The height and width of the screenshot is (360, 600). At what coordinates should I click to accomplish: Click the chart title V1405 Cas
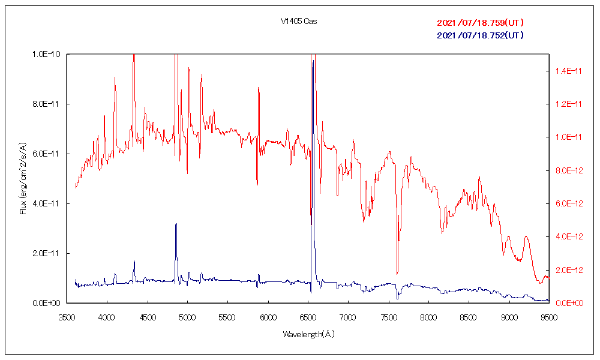pos(299,22)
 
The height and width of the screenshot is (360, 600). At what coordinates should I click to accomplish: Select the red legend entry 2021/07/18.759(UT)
pos(481,23)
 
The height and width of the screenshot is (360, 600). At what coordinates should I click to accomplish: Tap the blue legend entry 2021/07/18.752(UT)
pos(481,35)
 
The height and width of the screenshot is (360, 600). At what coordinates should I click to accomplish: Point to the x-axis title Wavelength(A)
pos(308,334)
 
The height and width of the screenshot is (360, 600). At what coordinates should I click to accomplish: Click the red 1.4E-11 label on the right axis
pos(566,71)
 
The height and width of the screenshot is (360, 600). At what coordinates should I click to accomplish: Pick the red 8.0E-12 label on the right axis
pos(566,170)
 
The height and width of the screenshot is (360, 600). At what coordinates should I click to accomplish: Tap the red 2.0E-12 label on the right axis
pos(566,270)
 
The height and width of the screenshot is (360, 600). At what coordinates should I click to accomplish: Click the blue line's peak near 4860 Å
pos(176,224)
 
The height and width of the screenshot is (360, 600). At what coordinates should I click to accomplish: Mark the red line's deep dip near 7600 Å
pos(397,274)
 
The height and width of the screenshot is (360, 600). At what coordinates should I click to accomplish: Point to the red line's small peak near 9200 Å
pos(526,236)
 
